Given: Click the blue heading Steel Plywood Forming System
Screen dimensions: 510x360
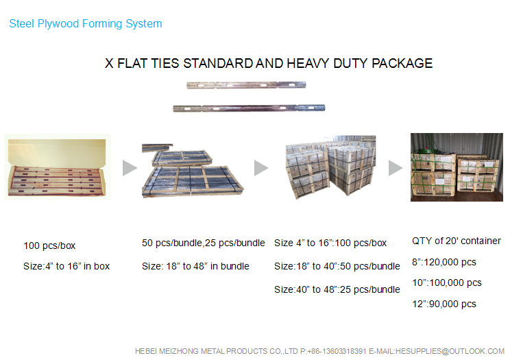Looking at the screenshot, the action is (86, 24).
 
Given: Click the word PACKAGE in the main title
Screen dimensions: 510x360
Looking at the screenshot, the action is (402, 64).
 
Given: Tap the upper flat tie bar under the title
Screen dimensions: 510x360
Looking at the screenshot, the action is (246, 85).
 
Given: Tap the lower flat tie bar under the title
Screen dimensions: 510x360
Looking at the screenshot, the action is (249, 108).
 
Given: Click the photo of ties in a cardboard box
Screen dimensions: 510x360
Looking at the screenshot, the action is (58, 167).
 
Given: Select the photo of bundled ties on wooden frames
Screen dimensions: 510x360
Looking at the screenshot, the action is (193, 170).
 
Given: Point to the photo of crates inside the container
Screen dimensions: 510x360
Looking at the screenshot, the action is (457, 167).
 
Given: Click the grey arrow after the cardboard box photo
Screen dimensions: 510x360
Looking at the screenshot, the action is (130, 168).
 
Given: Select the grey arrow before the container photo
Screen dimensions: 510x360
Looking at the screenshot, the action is (396, 168).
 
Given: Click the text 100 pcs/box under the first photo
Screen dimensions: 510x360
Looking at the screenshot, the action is (49, 245).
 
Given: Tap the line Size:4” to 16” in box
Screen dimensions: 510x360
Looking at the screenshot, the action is (66, 266).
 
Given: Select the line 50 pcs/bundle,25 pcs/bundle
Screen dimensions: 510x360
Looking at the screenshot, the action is (204, 243).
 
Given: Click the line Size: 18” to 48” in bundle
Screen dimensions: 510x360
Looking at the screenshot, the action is (195, 266).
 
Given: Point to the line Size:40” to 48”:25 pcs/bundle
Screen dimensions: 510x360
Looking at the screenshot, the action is (337, 289).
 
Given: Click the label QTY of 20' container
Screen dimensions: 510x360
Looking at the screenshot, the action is (457, 241).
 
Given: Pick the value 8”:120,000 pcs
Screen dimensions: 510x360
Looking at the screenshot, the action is (444, 262).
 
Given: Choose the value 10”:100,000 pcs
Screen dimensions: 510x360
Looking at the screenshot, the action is (447, 283).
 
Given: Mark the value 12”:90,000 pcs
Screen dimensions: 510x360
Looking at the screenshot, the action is (444, 304).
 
